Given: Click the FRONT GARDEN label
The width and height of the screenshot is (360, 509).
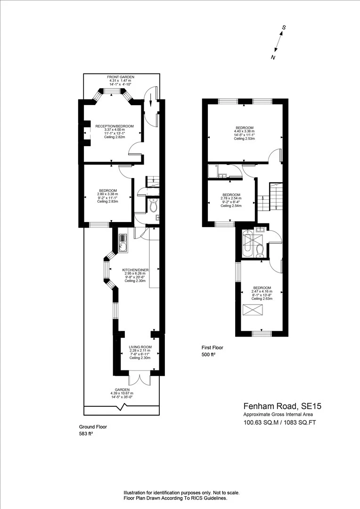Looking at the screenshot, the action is [121, 77].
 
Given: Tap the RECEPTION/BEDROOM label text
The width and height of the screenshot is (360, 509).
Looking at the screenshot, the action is [114, 126].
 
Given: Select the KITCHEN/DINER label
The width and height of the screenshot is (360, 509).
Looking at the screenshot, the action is [135, 270].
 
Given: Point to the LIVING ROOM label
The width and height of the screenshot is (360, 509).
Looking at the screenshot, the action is [140, 347].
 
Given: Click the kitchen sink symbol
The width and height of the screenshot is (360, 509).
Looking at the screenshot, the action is [123, 243].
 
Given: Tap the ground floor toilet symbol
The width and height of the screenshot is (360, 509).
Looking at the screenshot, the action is [153, 206].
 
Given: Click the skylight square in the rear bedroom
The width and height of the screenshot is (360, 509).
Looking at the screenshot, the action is [252, 310].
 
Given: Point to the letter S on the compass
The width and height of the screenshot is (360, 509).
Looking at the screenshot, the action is [283, 28].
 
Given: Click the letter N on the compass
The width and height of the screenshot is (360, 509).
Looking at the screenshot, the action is [273, 57].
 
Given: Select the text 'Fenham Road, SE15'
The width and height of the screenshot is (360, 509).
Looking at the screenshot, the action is [282, 406].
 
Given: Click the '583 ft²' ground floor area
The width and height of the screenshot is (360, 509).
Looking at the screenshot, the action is [86, 434].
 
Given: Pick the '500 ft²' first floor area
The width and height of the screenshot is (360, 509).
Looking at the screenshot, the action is [208, 355].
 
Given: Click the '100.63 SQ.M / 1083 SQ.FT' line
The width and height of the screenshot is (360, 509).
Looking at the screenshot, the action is [280, 423].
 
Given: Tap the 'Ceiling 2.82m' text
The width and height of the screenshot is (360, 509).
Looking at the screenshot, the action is [114, 137].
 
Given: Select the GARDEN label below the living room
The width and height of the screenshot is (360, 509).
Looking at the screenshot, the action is [122, 390].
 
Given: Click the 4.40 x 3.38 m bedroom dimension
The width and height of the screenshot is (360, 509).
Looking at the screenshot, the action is [245, 131].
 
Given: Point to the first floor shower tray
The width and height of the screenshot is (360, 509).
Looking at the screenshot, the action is [213, 171].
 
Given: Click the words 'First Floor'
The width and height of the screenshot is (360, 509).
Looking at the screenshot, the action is [213, 348].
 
